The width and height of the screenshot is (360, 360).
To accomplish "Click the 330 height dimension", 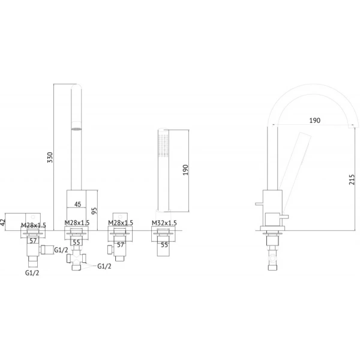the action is point(50,157).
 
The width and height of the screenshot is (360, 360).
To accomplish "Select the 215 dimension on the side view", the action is point(352,179).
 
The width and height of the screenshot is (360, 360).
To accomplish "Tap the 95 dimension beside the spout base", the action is point(94,211).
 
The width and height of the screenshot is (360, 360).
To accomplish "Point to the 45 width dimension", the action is point(78,204).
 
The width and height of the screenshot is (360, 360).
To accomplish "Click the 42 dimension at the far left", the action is point(2,222).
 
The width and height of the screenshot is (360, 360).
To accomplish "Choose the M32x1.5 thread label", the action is point(164,223).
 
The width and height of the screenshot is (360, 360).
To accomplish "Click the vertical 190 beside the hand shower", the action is point(185,170).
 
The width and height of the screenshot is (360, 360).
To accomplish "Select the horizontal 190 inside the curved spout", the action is point(314,121).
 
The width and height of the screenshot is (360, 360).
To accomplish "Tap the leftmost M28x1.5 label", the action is point(34,225).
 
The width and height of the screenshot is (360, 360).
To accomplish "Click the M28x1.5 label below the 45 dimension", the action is point(77,223).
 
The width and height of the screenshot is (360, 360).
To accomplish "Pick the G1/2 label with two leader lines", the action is point(104,266).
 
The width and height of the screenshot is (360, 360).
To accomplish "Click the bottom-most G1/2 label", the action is point(32,273).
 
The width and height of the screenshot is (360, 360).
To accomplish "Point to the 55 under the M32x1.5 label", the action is point(164,245).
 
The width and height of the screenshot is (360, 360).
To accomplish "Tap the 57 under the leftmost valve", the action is point(33,241).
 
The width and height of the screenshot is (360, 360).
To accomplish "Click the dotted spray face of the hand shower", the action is point(163,146).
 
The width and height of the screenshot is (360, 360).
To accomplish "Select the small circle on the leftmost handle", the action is point(33,217).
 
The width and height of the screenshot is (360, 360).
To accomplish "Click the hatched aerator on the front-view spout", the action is point(76,129).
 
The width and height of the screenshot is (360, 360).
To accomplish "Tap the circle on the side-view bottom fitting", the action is point(272,258).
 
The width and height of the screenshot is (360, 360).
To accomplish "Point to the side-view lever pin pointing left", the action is point(259,203).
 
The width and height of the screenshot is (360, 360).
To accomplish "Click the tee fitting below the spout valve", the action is point(76,259).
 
